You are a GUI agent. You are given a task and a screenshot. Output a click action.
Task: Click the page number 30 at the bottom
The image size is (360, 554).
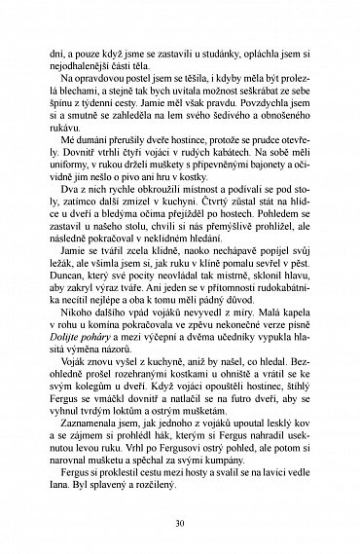click(180, 521)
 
